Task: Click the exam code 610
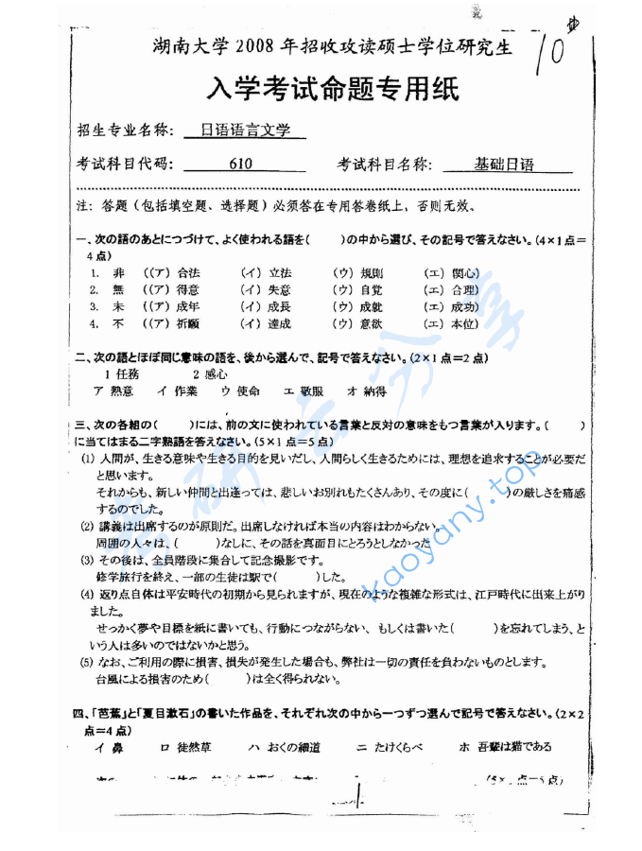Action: [x=240, y=165]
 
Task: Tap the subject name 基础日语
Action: [x=506, y=165]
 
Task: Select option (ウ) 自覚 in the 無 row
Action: [x=358, y=290]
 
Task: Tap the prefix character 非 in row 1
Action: [x=117, y=273]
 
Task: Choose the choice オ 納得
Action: [x=367, y=391]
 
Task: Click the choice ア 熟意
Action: [x=113, y=391]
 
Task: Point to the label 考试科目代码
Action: [x=125, y=165]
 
